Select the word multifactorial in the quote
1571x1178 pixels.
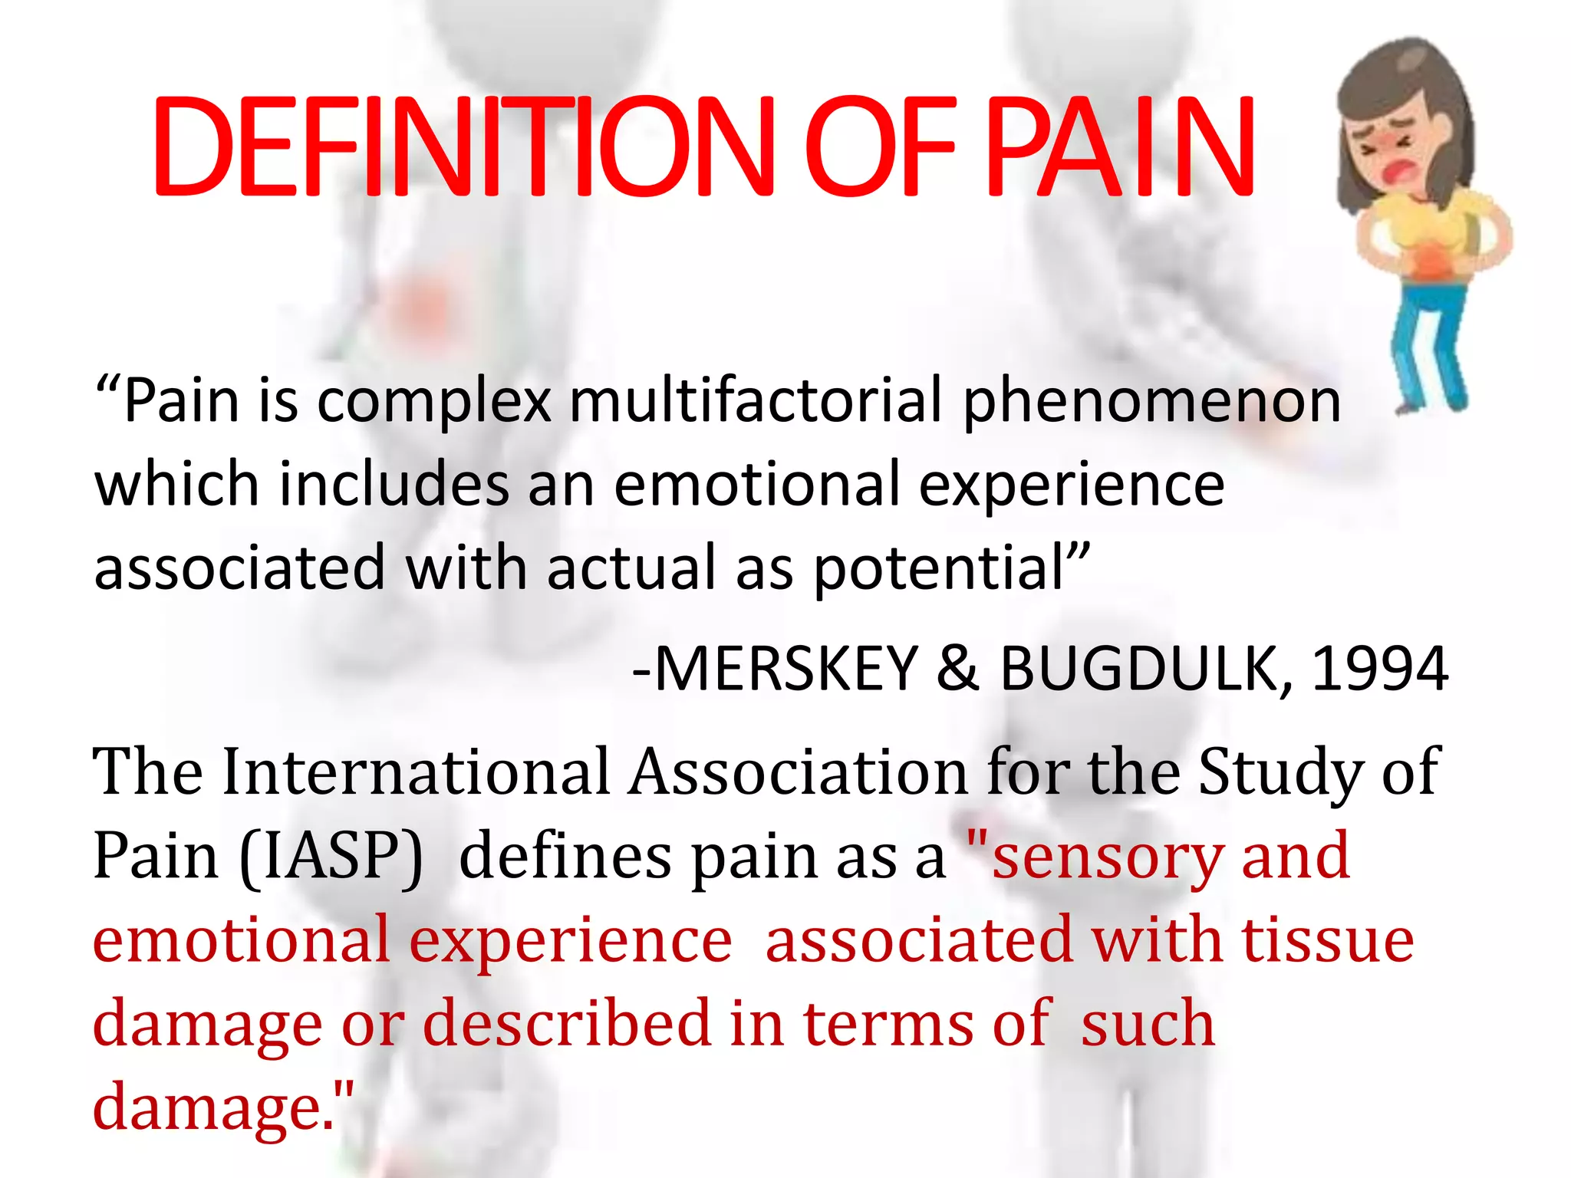(x=755, y=400)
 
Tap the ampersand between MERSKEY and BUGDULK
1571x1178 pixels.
(x=957, y=669)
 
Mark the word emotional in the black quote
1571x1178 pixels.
(x=755, y=485)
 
